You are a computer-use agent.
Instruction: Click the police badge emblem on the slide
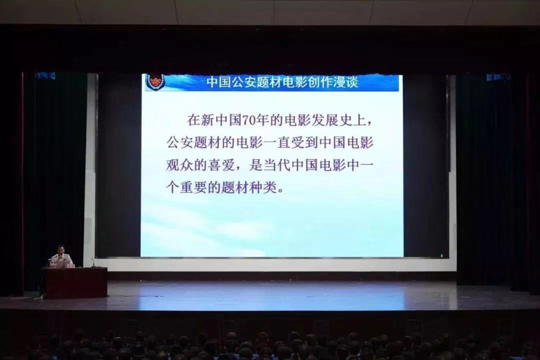point(155,82)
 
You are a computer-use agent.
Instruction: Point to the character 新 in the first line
point(208,120)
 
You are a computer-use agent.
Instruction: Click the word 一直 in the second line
point(277,142)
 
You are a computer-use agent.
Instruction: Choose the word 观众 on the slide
point(179,165)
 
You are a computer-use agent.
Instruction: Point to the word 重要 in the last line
point(193,188)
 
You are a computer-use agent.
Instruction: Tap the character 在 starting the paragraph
point(194,120)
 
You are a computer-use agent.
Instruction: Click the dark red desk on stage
point(75,282)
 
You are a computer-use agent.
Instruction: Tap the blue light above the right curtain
point(497,77)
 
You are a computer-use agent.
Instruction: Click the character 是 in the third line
point(256,165)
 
